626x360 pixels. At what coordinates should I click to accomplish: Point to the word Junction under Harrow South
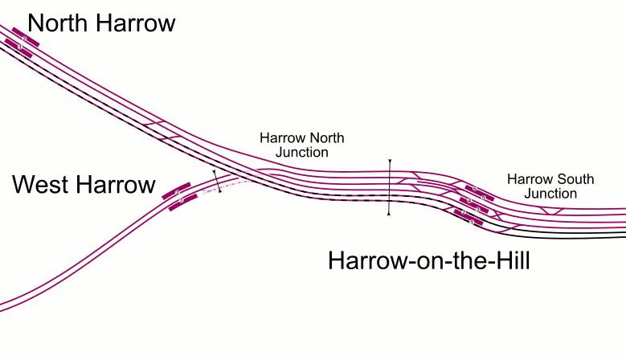pyautogui.click(x=552, y=194)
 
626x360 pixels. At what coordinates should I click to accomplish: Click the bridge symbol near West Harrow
pyautogui.click(x=216, y=182)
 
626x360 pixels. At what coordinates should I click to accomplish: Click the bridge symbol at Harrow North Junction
pyautogui.click(x=389, y=187)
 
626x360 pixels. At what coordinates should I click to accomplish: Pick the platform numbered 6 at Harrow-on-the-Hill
pyautogui.click(x=477, y=190)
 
